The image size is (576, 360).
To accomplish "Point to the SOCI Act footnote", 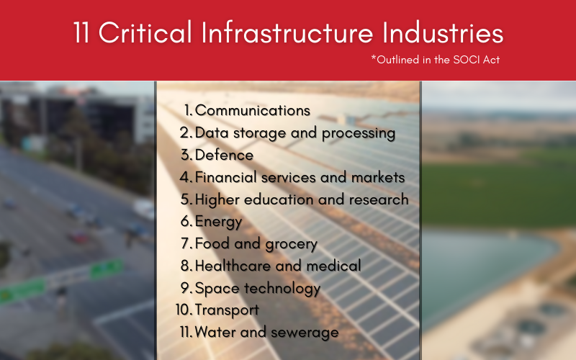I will [x=436, y=60].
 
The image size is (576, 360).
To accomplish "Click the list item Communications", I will [x=252, y=111].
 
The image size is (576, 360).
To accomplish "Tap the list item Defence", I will [x=224, y=155].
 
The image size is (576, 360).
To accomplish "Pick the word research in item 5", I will [x=381, y=199].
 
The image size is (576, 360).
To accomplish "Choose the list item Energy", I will [x=218, y=222].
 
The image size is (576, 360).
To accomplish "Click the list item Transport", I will [x=227, y=310].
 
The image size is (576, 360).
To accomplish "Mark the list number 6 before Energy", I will [x=186, y=222].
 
